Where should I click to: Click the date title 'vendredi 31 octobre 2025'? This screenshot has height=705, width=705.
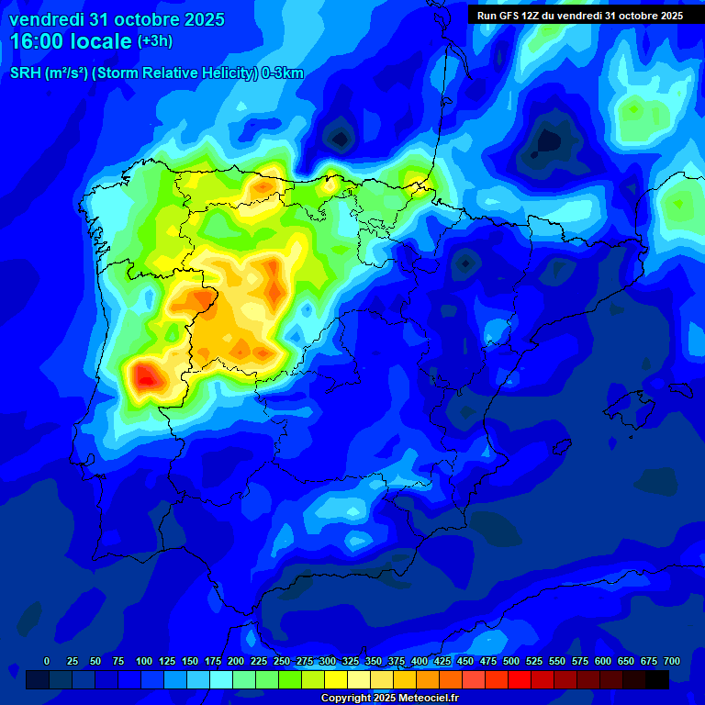click(117, 19)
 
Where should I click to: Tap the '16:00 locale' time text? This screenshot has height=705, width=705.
click(71, 41)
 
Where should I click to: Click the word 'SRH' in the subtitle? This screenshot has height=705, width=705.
click(26, 73)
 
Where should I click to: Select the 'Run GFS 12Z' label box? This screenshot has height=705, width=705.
click(580, 16)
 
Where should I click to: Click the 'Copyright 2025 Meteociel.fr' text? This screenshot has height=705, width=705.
click(389, 698)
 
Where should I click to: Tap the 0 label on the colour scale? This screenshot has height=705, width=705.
click(47, 661)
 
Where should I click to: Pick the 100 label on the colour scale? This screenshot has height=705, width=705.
click(144, 661)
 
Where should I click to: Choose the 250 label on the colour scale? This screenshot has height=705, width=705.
click(282, 661)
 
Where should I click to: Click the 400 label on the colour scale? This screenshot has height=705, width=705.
click(420, 661)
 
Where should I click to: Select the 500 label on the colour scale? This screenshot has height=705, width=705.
click(511, 661)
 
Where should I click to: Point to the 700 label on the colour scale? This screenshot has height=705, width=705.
click(672, 661)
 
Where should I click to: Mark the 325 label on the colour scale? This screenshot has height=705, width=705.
click(351, 661)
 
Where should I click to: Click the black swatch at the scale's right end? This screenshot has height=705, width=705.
click(657, 679)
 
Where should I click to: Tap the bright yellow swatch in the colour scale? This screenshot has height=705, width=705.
click(336, 679)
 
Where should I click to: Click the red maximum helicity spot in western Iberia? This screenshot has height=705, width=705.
click(145, 375)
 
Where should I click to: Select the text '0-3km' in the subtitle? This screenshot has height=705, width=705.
click(283, 73)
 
